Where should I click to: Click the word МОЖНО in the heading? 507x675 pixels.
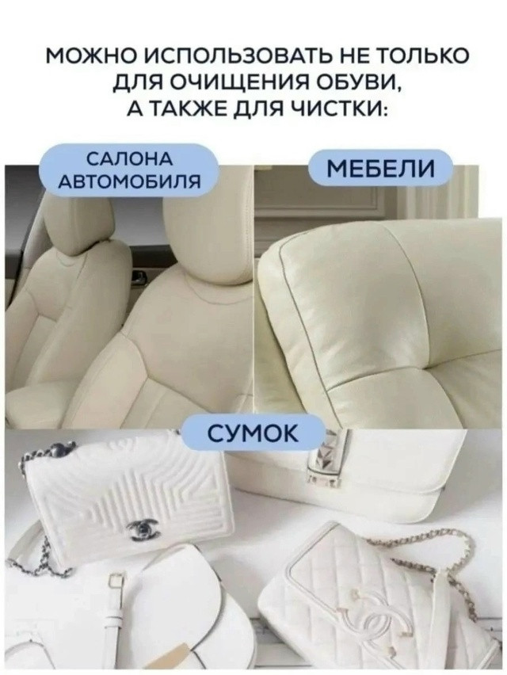click(89, 56)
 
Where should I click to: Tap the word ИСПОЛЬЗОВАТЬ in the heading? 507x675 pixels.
click(219, 56)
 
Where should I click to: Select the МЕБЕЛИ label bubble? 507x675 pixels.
click(380, 168)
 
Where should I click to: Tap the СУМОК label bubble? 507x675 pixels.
click(253, 433)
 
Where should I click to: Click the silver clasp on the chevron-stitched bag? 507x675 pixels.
click(143, 528)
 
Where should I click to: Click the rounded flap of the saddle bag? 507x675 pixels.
click(190, 602)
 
